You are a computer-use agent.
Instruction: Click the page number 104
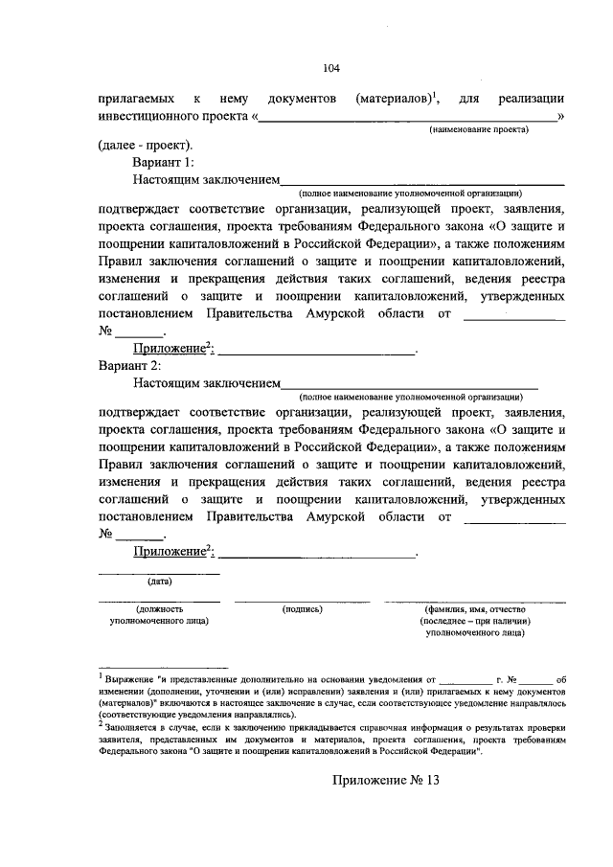click(x=331, y=67)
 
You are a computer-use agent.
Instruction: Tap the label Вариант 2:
click(x=130, y=365)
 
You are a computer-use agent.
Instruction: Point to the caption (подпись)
click(x=302, y=608)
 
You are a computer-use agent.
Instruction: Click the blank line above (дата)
click(x=159, y=572)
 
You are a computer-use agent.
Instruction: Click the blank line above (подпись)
click(x=302, y=600)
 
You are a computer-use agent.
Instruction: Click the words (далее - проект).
click(x=145, y=146)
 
